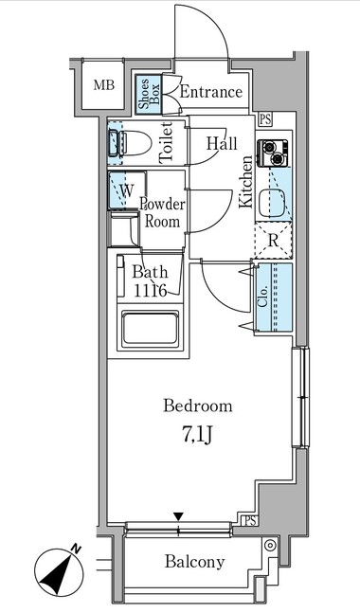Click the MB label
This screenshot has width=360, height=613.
103,85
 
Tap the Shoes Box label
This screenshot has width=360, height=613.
149,94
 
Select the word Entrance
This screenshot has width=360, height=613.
210,92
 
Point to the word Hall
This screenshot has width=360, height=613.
222,143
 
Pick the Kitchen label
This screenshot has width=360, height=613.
246,181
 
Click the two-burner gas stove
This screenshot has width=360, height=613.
273,153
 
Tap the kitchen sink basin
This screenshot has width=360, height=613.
272,202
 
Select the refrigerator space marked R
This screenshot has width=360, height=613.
273,241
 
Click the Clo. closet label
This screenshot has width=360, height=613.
263,297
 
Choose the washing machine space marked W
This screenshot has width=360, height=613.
127,190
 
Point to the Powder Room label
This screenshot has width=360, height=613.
163,212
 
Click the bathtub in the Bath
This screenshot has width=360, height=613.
150,329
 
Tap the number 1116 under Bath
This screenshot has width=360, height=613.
150,290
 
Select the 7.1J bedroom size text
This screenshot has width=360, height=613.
197,435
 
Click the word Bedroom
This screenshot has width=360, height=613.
198,406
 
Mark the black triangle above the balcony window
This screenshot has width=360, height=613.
179,516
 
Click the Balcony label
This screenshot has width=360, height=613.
194,562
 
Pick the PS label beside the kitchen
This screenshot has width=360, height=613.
265,119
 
